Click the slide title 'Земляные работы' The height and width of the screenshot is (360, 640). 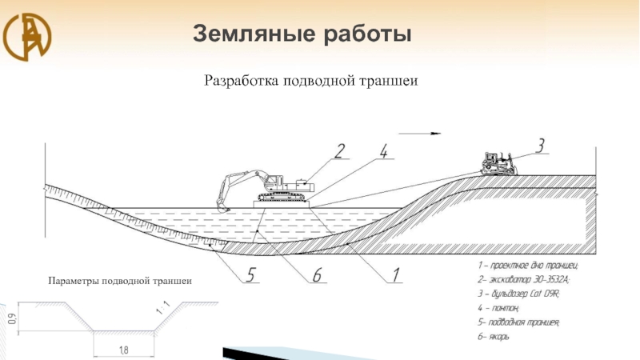pos(302,34)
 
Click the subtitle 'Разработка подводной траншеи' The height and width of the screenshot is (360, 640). pos(312,80)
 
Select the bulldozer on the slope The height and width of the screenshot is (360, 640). pos(498,163)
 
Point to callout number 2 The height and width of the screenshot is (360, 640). pos(340,150)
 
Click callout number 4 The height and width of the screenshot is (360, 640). pos(385,150)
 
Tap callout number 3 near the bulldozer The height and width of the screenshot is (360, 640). pos(541,145)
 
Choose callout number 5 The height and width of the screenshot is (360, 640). pos(251,275)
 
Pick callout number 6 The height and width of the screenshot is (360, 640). pos(317,275)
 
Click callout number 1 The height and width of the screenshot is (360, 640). pos(394,275)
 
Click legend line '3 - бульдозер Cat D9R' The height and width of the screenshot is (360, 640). pos(518,294)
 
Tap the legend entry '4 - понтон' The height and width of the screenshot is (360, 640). pos(499,308)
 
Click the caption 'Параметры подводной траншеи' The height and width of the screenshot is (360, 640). pos(121,281)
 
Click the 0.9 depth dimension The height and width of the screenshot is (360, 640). pos(10,319)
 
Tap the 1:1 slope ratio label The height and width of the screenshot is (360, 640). pos(163,306)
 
